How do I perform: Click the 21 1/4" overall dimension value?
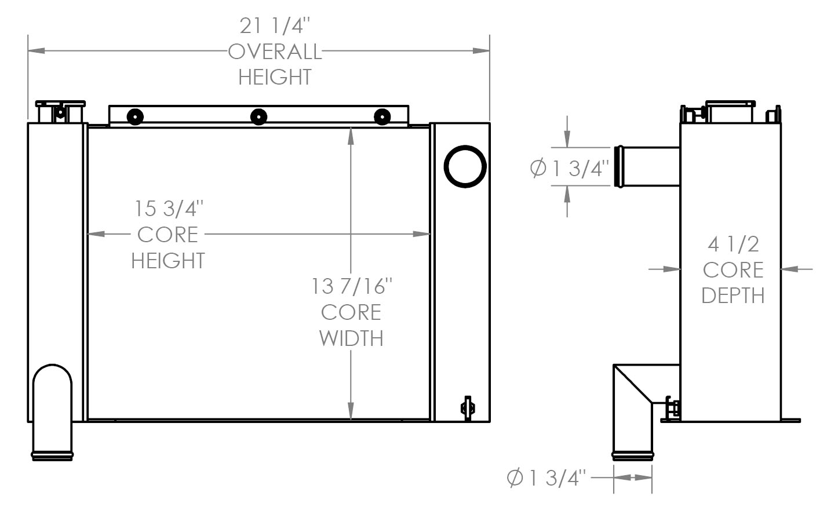tap(275, 26)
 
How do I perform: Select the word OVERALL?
tap(275, 52)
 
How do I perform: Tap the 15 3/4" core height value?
tap(169, 209)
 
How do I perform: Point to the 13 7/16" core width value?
tap(352, 286)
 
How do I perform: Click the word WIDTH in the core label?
tap(351, 338)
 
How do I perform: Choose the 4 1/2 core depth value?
tap(733, 244)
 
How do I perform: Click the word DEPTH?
tap(733, 296)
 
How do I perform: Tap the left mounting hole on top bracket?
tap(134, 116)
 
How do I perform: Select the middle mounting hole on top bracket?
tap(258, 117)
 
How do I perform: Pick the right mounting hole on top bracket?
tap(382, 117)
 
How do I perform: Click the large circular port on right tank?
tap(465, 166)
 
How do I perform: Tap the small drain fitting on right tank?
tap(467, 407)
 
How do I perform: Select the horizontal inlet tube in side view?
tap(646, 166)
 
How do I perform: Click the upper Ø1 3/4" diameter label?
tap(570, 168)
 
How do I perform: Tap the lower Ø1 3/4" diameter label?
tap(547, 478)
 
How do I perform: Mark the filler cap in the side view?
tap(730, 111)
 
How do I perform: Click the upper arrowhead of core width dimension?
tap(351, 134)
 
